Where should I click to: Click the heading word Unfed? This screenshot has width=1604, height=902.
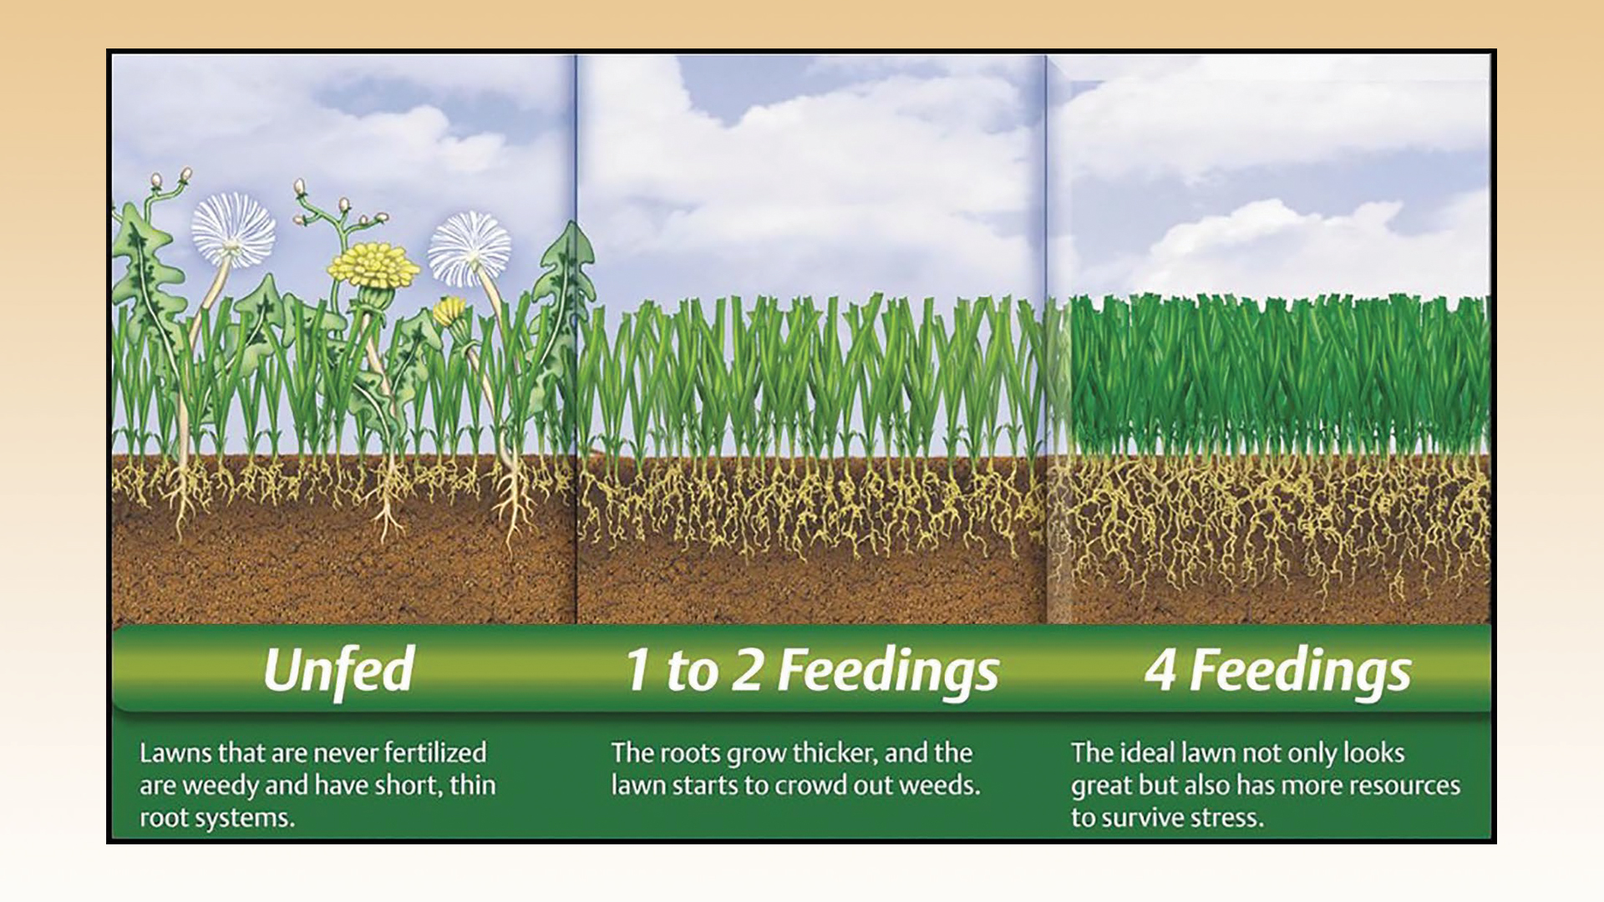(x=339, y=669)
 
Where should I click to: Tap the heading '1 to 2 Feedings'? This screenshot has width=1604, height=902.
(x=812, y=671)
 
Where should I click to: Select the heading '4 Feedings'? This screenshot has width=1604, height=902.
(x=1277, y=671)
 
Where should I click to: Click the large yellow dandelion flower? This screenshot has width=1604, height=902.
(x=373, y=264)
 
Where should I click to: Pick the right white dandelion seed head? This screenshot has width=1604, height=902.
(x=470, y=248)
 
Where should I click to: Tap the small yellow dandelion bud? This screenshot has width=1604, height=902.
(x=451, y=311)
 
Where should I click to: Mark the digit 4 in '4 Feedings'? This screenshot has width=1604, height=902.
(x=1160, y=670)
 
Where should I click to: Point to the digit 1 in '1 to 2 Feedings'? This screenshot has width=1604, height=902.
(x=637, y=670)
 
